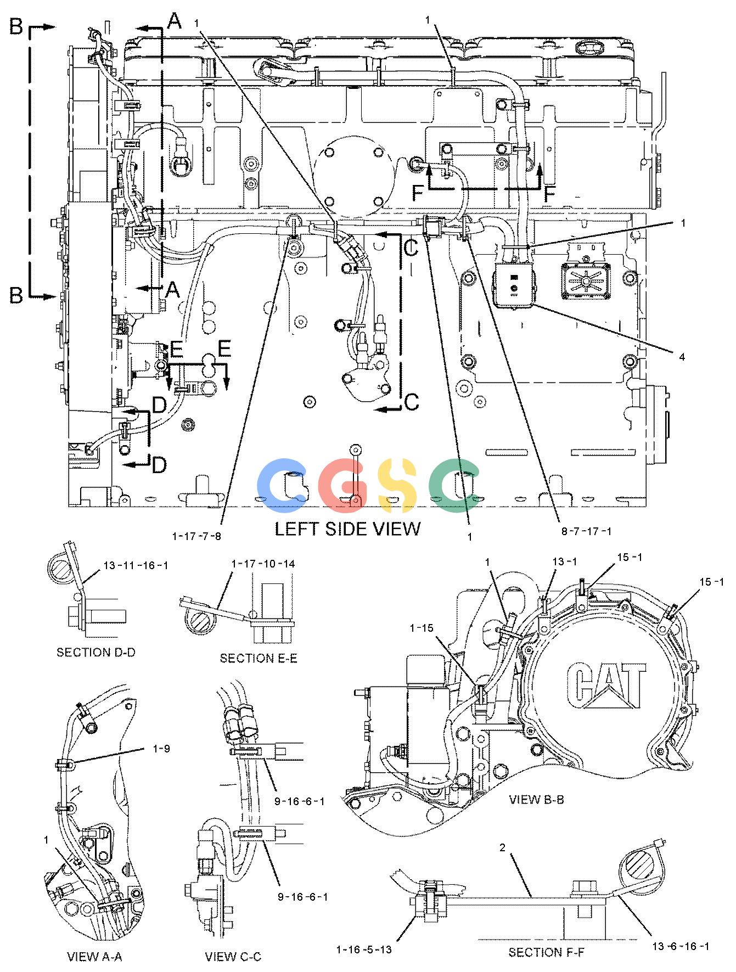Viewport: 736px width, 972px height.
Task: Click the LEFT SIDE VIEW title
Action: coord(347,528)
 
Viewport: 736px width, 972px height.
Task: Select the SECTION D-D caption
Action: coord(96,652)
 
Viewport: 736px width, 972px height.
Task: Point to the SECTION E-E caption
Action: coord(258,658)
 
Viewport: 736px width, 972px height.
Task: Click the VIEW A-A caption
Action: coord(94,957)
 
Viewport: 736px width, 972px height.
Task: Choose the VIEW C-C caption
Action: coord(233,957)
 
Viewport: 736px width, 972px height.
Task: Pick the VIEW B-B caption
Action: coord(536,800)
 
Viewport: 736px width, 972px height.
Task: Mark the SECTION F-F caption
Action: coord(546,952)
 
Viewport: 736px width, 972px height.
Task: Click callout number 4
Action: coord(682,357)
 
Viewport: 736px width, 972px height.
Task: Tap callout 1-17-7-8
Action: coord(196,536)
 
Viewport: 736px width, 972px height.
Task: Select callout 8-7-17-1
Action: coord(587,531)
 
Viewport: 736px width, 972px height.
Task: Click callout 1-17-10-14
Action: coord(263,564)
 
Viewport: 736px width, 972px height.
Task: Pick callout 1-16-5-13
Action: coord(364,949)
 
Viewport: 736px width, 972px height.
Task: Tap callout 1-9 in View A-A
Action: coord(160,748)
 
